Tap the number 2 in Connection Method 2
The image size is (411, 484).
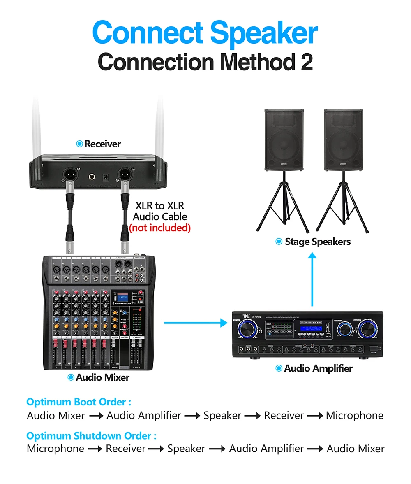click(x=305, y=62)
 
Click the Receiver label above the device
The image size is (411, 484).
click(x=102, y=144)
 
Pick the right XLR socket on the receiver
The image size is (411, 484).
click(x=125, y=175)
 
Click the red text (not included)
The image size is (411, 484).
click(x=160, y=228)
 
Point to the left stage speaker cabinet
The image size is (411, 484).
click(x=284, y=140)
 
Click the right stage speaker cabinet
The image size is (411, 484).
click(x=343, y=140)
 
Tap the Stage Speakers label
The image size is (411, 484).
click(x=317, y=242)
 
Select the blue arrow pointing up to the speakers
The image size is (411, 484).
click(x=313, y=280)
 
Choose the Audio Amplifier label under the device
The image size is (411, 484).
click(x=318, y=368)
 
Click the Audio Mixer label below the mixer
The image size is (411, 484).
click(x=102, y=377)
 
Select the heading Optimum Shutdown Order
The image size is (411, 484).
click(x=91, y=436)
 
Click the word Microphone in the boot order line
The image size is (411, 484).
click(x=354, y=416)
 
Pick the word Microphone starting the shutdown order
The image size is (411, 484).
click(x=55, y=449)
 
